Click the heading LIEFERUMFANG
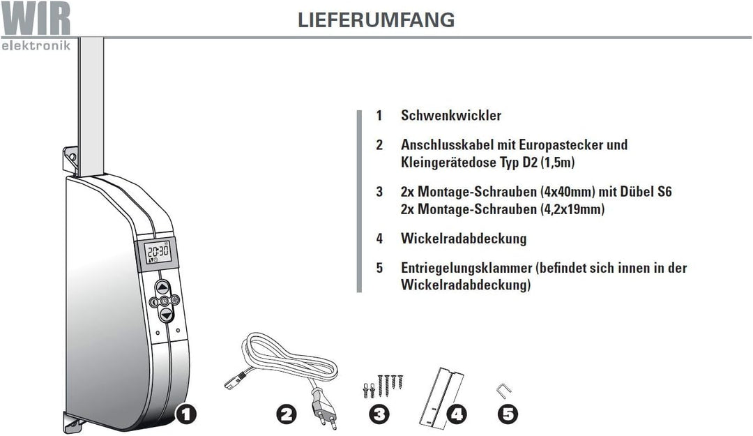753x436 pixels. pos(376,20)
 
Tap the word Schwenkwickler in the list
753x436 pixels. pos(450,116)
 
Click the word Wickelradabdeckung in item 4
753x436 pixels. pos(464,239)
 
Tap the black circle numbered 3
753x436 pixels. pos(378,414)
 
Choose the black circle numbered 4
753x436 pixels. pos(456,414)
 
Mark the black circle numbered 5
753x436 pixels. pos(508,414)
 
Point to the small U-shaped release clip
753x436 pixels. pos(501,390)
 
